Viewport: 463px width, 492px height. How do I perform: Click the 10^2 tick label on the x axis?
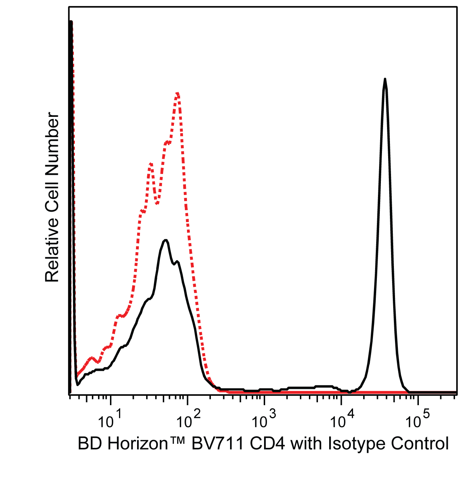pyautogui.click(x=187, y=420)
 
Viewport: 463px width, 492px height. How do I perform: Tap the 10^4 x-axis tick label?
pyautogui.click(x=341, y=420)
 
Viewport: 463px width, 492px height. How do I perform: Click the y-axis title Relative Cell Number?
pyautogui.click(x=52, y=197)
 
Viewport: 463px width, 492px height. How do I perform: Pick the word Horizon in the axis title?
pyautogui.click(x=137, y=444)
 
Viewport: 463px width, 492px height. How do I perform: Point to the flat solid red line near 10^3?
pyautogui.click(x=264, y=392)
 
